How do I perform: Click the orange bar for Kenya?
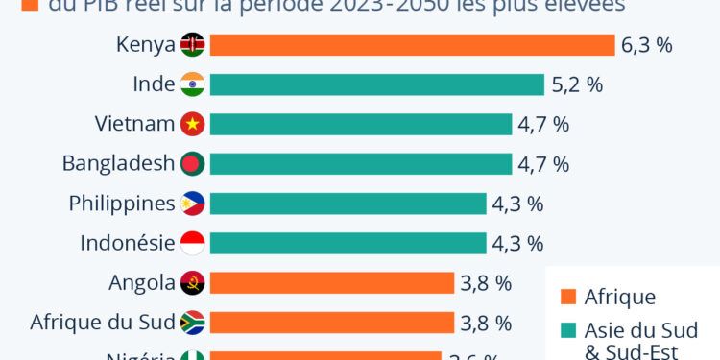[x=412, y=45]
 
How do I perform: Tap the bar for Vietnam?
[x=360, y=124]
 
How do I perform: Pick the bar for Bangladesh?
[x=360, y=164]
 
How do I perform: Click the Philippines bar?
[x=348, y=204]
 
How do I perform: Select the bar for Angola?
[x=331, y=283]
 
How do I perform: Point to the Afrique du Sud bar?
[x=331, y=323]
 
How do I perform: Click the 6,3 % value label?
[x=647, y=45]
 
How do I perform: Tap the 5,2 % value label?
[x=577, y=84]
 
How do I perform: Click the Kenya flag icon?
[x=192, y=45]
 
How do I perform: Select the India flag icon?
[x=192, y=84]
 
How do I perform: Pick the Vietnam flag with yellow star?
[x=192, y=124]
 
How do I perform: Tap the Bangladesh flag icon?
[x=192, y=164]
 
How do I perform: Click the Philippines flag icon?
[x=192, y=204]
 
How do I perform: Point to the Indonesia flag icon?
[x=192, y=243]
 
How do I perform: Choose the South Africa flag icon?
[x=192, y=323]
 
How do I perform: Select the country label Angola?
[x=142, y=283]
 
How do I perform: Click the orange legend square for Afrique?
[x=567, y=297]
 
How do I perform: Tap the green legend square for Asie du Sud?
[x=567, y=330]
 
